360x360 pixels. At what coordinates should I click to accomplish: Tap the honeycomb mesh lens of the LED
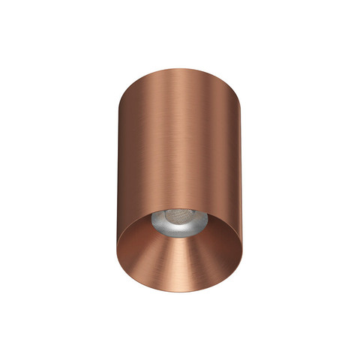click(180, 217)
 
